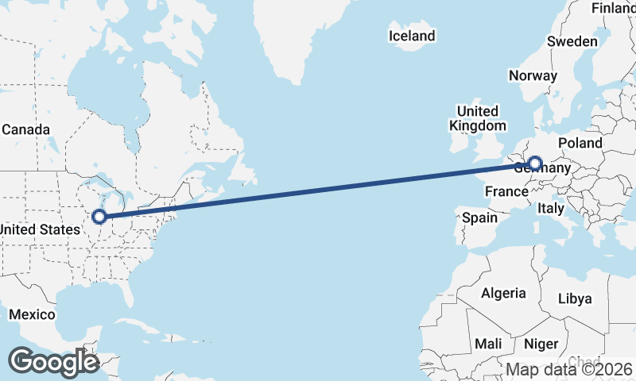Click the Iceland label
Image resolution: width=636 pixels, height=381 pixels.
[412, 36]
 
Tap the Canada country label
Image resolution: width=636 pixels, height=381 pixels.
[25, 129]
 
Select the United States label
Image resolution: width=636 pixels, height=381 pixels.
[40, 229]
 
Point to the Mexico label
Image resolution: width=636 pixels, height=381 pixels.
[32, 315]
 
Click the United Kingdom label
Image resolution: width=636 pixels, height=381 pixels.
[477, 118]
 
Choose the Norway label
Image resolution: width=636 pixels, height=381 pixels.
[533, 76]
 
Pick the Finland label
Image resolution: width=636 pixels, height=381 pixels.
[614, 8]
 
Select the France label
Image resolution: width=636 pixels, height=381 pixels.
[506, 191]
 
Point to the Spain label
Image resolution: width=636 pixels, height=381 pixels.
[479, 217]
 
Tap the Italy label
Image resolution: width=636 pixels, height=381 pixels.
[551, 208]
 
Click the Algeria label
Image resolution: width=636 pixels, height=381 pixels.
[503, 293]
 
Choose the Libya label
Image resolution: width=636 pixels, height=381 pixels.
[576, 298]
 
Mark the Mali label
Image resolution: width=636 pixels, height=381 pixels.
[487, 344]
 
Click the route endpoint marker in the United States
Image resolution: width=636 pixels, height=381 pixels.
[99, 216]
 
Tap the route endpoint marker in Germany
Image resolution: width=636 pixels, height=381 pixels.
[535, 164]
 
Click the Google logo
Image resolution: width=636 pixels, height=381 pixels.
[53, 361]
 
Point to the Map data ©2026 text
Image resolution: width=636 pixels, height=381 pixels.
[569, 369]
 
